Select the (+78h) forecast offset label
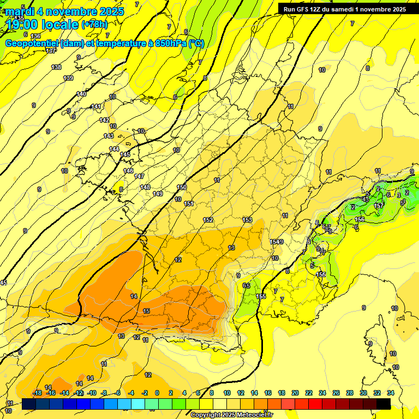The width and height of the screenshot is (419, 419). [94, 24]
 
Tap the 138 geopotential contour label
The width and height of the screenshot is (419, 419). [56, 67]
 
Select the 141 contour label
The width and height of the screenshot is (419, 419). [97, 106]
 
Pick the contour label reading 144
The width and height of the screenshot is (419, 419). [114, 149]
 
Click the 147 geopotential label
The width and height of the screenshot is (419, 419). [139, 176]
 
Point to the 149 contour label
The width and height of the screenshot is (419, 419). [158, 194]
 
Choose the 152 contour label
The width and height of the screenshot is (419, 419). [208, 220]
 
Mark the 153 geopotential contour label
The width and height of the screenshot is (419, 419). [247, 220]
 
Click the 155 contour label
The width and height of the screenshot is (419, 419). [261, 296]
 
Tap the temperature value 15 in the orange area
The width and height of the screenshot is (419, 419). [146, 311]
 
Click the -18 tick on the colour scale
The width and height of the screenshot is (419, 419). [37, 393]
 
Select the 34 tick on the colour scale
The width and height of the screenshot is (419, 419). [391, 393]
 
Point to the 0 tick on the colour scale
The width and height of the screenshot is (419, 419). [157, 393]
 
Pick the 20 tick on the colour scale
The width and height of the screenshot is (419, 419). [295, 393]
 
